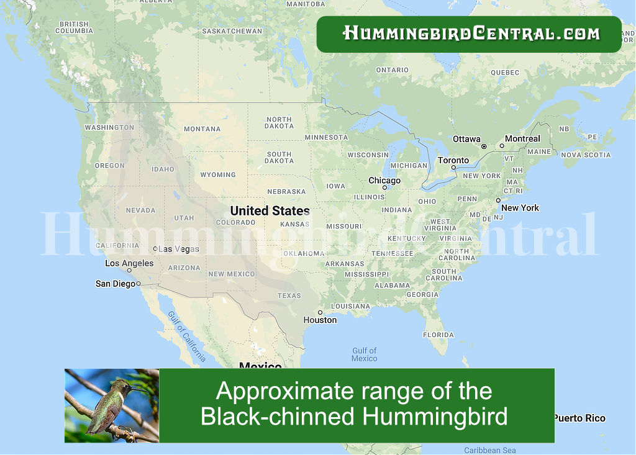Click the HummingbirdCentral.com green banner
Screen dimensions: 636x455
[x=469, y=34]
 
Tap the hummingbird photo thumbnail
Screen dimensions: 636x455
[x=112, y=405]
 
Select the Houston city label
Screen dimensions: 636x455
[x=320, y=320]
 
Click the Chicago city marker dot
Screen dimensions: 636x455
[x=384, y=187]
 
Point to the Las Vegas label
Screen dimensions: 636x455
[x=179, y=249]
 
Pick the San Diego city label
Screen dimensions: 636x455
[x=115, y=284]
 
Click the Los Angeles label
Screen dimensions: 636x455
[x=129, y=263]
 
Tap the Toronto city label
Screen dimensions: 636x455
[x=453, y=160]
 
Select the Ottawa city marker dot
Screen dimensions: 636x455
[x=484, y=146]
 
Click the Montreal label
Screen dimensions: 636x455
[x=522, y=138]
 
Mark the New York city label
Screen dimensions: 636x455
[x=520, y=208]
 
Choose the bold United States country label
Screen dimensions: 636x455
[x=270, y=210]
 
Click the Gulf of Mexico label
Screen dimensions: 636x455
[x=364, y=354]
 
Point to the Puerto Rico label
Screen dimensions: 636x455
[x=579, y=418]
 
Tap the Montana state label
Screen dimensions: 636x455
[x=202, y=129]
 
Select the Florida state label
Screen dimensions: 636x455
[x=438, y=335]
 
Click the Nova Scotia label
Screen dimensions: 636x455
[x=586, y=155]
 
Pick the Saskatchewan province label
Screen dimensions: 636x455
[x=232, y=31]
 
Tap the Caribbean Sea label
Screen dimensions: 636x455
[x=489, y=450]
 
